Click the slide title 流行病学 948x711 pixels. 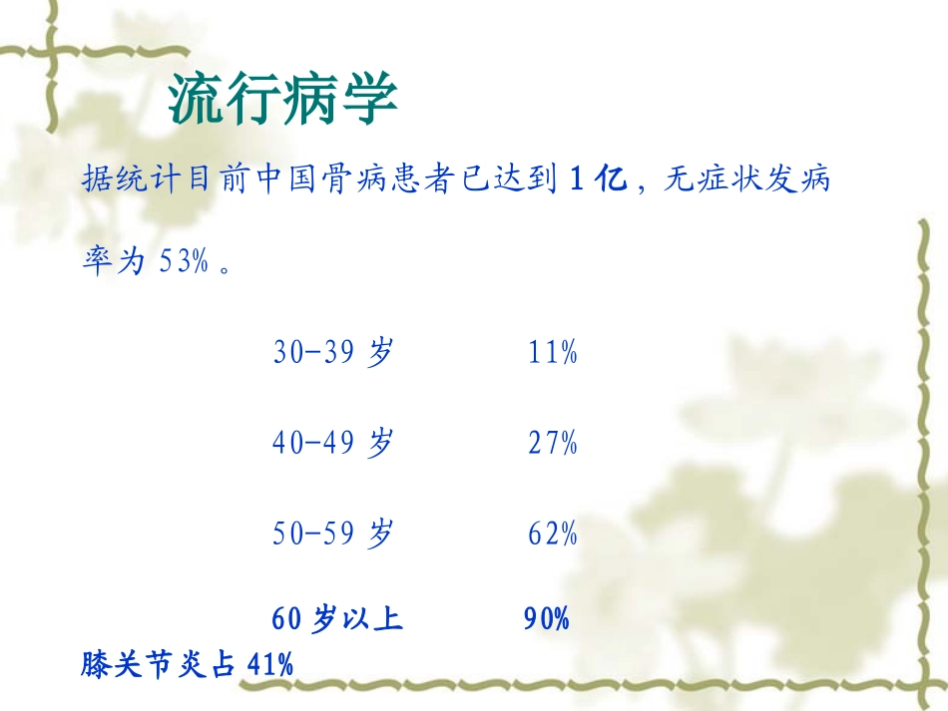[282, 99]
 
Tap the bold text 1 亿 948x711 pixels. [599, 181]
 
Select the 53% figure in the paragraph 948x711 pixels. [184, 264]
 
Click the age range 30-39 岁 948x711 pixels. [333, 352]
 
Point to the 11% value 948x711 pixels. [553, 352]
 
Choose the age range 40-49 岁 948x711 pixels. [333, 442]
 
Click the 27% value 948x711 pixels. [553, 442]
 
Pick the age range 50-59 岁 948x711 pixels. [333, 533]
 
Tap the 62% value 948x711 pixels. [553, 533]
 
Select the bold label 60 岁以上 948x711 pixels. [337, 619]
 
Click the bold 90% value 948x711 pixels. [547, 619]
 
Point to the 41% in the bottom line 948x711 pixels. [270, 664]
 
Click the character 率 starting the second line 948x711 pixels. [97, 264]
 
